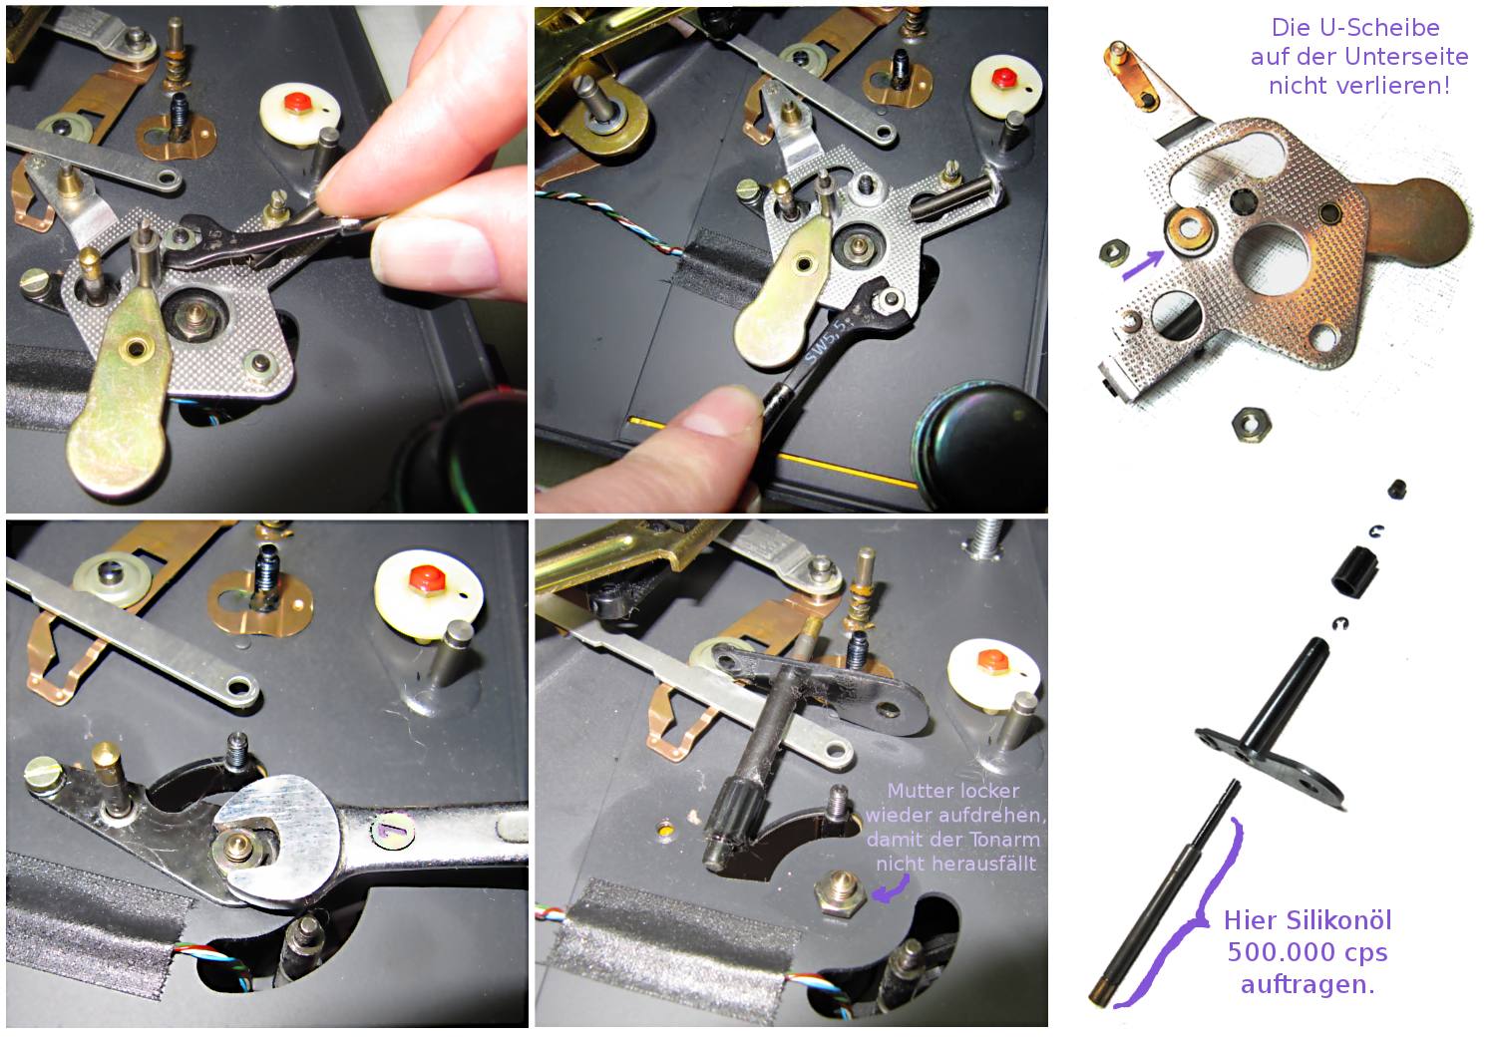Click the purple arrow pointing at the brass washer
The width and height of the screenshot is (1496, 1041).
click(1143, 264)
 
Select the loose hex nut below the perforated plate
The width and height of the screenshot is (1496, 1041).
click(1251, 425)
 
